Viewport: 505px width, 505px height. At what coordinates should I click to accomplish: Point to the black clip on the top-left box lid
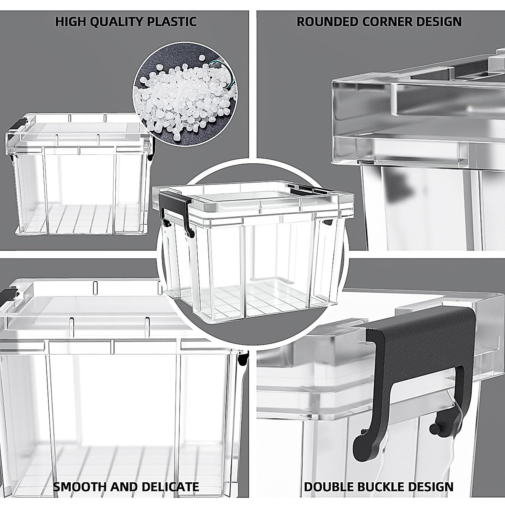pos(17,125)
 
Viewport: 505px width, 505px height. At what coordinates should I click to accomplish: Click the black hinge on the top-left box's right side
pos(152,149)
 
